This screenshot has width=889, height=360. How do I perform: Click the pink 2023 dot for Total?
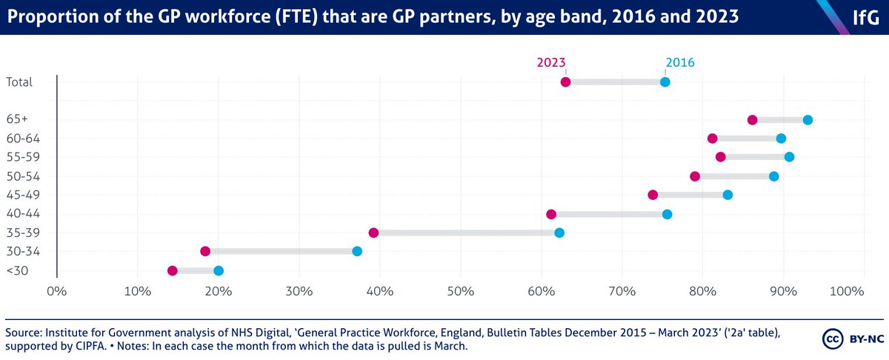point(565,81)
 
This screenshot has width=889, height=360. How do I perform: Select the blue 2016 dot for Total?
point(665,81)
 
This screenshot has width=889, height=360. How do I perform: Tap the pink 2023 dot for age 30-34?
point(205,251)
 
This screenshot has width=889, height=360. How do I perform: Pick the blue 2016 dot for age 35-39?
point(559,233)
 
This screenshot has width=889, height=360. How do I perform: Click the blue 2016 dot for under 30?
point(219,270)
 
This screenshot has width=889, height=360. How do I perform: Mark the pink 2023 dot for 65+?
point(753,120)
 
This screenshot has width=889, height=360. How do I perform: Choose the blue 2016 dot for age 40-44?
point(667,214)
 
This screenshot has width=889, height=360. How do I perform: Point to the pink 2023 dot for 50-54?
point(695,176)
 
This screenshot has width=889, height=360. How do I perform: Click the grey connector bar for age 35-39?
point(467,233)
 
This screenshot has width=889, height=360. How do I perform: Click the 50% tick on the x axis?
point(460,291)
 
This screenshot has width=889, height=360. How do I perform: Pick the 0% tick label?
point(57,291)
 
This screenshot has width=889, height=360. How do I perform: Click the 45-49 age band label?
point(19,195)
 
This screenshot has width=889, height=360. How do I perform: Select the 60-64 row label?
point(19,139)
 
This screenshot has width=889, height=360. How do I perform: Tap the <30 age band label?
point(16,270)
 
